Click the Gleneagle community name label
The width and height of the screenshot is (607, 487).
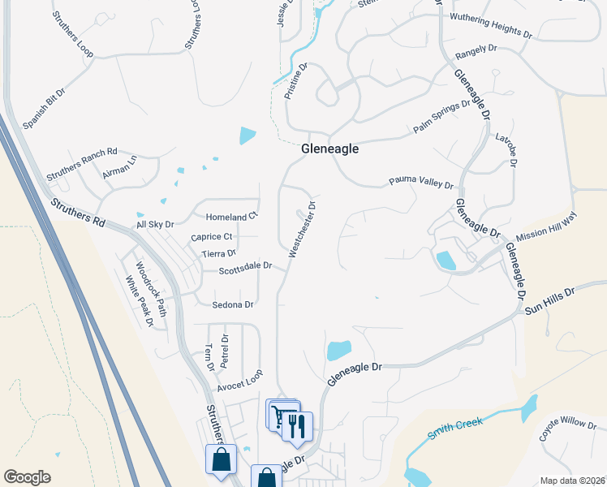click(329, 149)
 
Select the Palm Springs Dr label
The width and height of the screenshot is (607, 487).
click(441, 117)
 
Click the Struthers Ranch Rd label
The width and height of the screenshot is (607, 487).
click(82, 162)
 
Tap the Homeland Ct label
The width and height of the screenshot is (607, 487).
click(231, 217)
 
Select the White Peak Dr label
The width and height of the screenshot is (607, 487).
click(139, 301)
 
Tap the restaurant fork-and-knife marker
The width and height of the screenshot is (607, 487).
click(296, 425)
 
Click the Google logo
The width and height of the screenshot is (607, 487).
click(28, 477)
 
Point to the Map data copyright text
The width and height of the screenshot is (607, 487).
click(571, 481)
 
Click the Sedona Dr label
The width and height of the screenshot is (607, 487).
click(233, 305)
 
